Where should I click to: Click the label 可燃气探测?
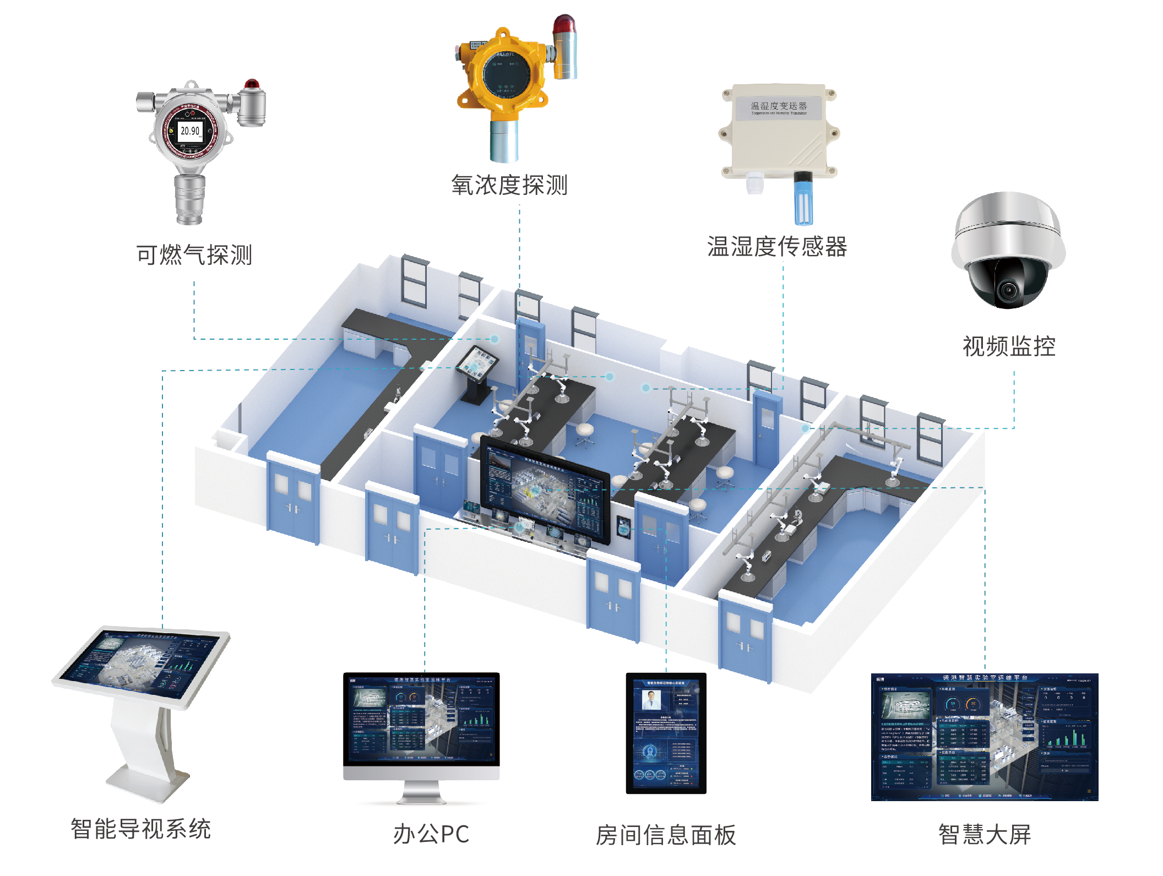coord(194,255)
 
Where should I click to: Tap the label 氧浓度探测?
coord(509,186)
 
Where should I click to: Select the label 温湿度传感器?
coord(777,247)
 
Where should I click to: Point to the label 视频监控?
coord(1009,346)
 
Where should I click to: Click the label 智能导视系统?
coord(141,829)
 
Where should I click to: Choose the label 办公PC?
coord(431,834)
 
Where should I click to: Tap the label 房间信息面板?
coord(666,835)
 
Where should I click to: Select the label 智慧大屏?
coord(985,835)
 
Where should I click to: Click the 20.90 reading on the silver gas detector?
coord(190,131)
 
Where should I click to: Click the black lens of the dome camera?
coord(1009,289)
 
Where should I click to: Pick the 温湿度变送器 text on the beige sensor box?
coord(779,106)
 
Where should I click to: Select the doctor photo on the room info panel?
coord(651,700)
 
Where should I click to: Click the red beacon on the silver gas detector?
coord(252,85)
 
